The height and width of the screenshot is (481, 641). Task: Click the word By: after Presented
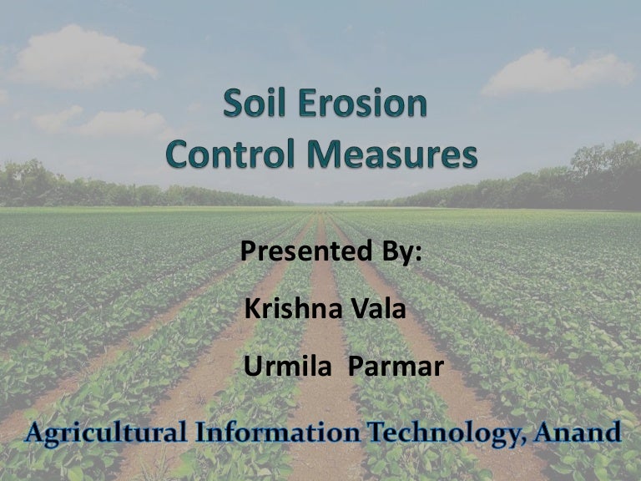[394, 252]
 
